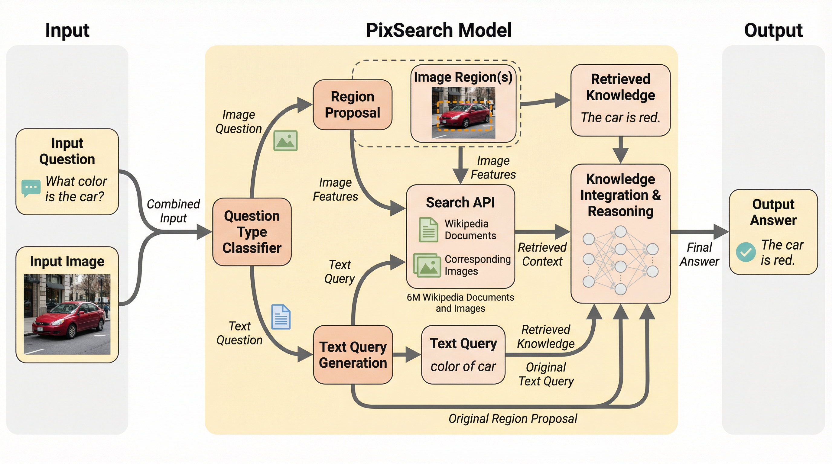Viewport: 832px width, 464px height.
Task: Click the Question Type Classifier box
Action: coord(252,232)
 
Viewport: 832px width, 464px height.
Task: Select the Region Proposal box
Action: coord(353,105)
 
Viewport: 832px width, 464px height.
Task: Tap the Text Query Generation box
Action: coord(353,355)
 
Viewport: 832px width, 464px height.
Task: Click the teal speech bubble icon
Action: coord(31,188)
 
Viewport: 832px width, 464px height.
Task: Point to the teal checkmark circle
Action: coord(746,252)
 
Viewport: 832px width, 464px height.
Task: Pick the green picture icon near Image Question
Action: coord(285,141)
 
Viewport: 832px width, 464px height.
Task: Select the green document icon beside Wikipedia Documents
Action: coord(428,230)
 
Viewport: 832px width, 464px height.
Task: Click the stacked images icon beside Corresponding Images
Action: coord(427,265)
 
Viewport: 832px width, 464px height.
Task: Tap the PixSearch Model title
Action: coord(438,30)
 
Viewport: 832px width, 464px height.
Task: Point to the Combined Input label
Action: coord(173,211)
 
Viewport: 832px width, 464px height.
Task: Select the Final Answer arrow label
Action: coord(699,254)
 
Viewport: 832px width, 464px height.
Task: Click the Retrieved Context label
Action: coord(542,254)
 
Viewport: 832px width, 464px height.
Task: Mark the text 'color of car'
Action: coord(463,366)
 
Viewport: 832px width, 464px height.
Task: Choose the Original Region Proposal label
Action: coord(512,418)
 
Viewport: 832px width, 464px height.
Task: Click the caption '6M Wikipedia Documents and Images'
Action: coord(460,303)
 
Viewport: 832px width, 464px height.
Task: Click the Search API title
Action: coord(460,203)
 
